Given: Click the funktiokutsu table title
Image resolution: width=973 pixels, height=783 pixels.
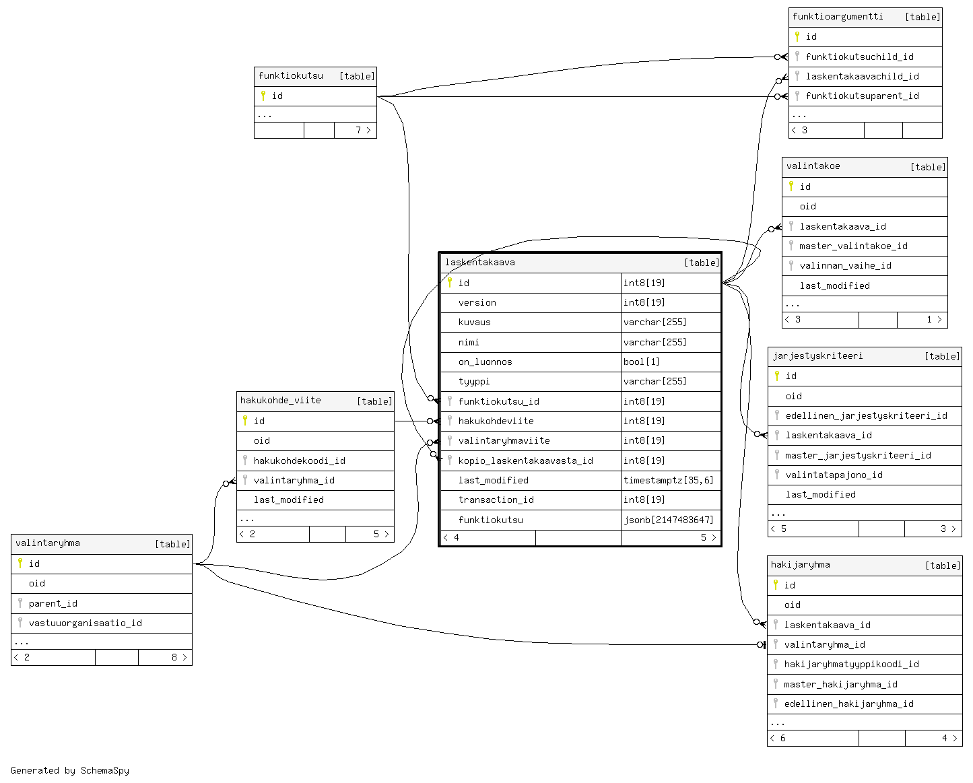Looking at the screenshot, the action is click(x=290, y=76).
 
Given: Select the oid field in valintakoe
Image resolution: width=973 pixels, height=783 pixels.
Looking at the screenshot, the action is click(x=807, y=207).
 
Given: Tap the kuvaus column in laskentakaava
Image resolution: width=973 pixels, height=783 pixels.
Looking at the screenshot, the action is click(x=474, y=322).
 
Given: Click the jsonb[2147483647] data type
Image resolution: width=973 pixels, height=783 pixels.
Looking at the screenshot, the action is click(x=668, y=520).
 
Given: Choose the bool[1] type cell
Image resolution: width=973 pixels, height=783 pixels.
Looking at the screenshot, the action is click(x=641, y=362).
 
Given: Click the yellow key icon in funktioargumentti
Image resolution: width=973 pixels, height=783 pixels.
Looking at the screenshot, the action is click(x=797, y=36).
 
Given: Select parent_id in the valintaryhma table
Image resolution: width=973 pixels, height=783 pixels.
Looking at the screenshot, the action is click(x=53, y=603).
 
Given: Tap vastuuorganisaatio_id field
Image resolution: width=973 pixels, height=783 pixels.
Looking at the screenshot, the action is click(x=85, y=623).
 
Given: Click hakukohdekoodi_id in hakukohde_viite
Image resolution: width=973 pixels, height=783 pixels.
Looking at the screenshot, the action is click(x=300, y=461).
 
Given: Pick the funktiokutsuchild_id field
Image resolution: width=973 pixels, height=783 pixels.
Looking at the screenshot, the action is click(x=859, y=57).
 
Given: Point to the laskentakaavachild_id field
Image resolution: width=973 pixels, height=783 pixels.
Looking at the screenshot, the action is click(x=862, y=76).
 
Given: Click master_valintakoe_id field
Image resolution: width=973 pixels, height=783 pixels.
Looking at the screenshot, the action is click(x=853, y=246).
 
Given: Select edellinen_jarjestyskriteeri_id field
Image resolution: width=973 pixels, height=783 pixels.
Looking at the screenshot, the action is click(x=866, y=415).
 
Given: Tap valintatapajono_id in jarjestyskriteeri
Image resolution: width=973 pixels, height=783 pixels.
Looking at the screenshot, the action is click(x=834, y=475).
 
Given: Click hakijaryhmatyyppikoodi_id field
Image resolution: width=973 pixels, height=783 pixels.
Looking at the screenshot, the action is click(x=851, y=664).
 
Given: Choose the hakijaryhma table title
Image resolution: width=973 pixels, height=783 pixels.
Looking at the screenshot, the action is click(x=800, y=565).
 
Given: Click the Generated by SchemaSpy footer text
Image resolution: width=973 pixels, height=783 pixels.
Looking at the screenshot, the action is click(x=70, y=770).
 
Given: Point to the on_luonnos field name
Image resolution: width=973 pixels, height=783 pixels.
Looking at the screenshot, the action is click(x=485, y=362).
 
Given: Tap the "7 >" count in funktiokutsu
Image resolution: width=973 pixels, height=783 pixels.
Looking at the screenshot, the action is click(x=363, y=130).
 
